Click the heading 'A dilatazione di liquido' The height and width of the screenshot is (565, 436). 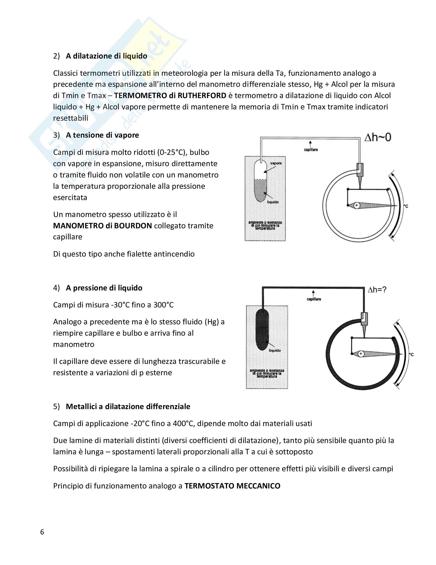[106, 56]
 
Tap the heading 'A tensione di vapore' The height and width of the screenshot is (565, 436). [102, 135]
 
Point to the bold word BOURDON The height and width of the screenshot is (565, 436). [133, 225]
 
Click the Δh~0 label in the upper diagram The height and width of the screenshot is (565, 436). [378, 137]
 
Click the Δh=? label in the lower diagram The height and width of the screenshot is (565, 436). [377, 290]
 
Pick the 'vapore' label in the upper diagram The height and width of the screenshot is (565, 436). [276, 163]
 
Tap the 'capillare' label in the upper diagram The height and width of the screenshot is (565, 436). [311, 149]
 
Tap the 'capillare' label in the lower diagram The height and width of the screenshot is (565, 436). [314, 299]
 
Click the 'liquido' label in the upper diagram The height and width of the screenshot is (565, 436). [273, 202]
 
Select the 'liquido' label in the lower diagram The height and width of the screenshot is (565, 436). [275, 350]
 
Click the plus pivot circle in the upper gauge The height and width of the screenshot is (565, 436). [357, 205]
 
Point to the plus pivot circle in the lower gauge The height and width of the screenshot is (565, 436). [361, 354]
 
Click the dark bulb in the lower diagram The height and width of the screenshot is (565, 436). [262, 330]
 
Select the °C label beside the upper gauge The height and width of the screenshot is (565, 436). [406, 206]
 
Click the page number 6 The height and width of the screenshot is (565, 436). [42, 532]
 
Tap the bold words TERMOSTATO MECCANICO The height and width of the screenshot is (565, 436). [232, 486]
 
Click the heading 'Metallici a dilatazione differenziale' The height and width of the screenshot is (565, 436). [128, 407]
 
